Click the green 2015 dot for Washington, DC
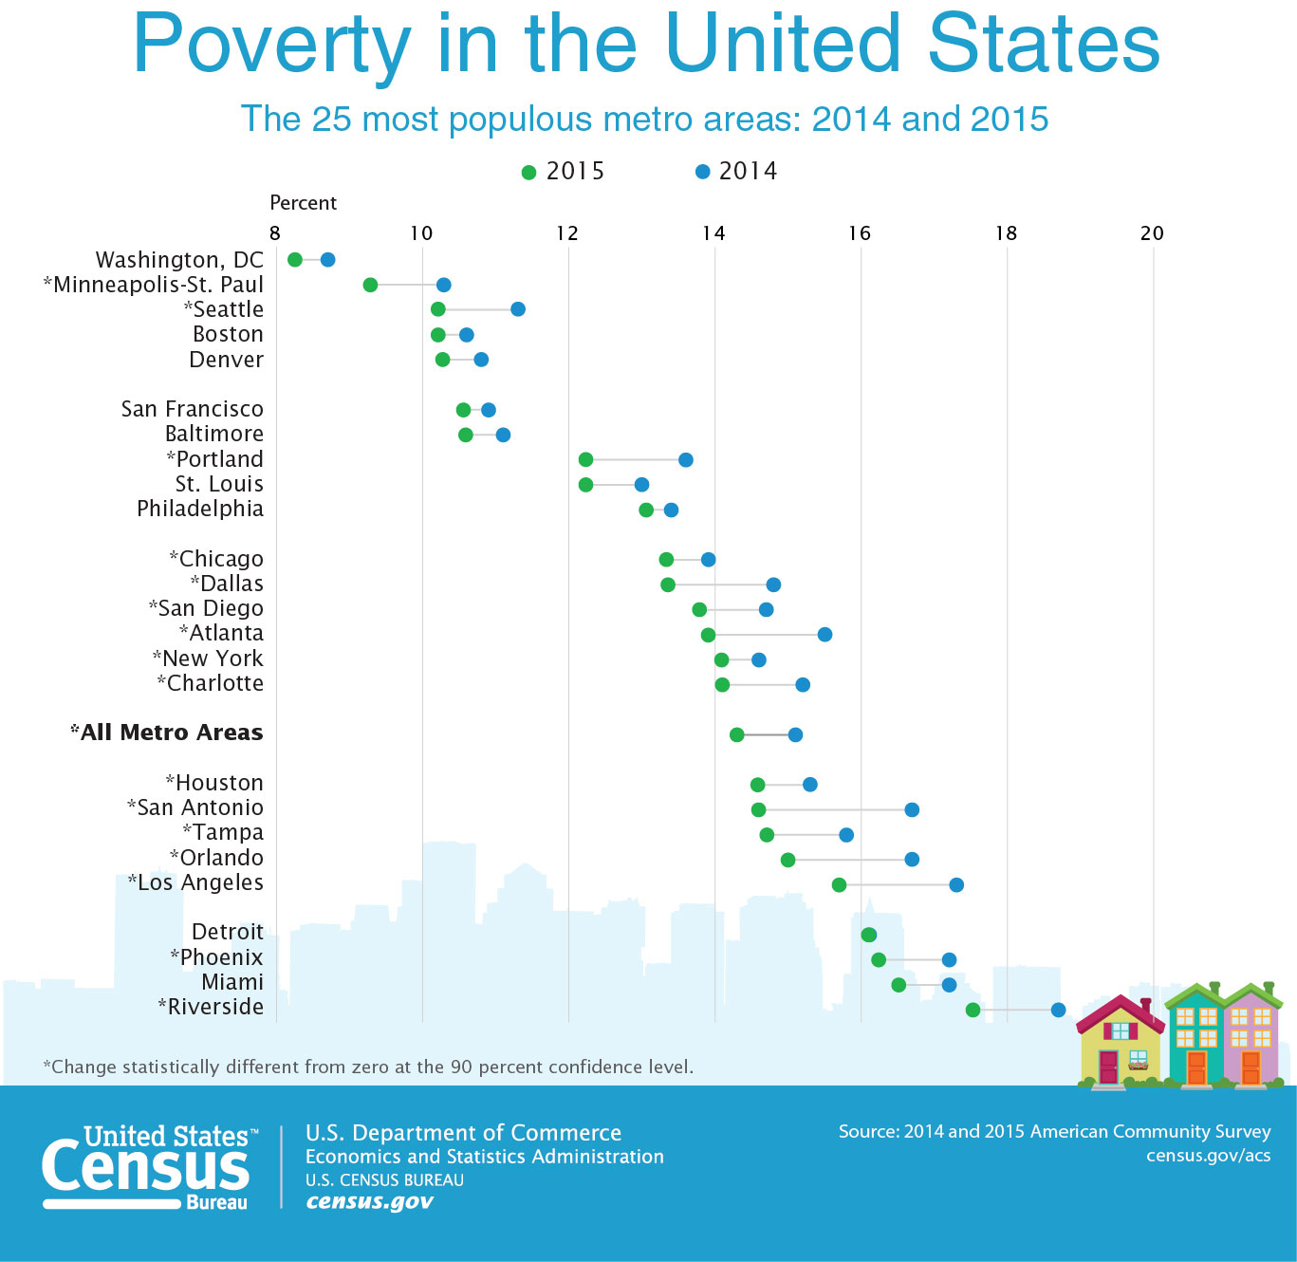[294, 260]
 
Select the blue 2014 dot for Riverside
[1058, 1010]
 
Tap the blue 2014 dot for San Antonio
[911, 809]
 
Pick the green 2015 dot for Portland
[585, 459]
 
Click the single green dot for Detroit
[868, 935]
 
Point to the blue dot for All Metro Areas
[795, 734]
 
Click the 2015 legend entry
[564, 172]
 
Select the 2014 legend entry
[736, 172]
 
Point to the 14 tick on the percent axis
[713, 233]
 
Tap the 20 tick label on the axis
[1152, 233]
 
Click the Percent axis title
[303, 203]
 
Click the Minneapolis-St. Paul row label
[154, 285]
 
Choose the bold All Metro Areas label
[167, 733]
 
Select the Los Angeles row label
[195, 882]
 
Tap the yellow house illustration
[1120, 1044]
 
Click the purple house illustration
[1251, 1039]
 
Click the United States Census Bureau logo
[149, 1166]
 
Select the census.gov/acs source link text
[1208, 1155]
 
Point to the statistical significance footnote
[368, 1067]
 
